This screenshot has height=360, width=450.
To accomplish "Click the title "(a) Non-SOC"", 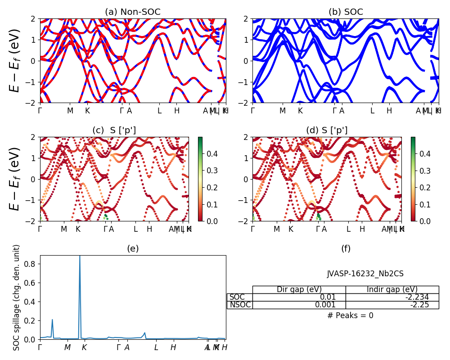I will tap(133, 12).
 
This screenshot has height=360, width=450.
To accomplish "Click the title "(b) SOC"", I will tap(346, 12).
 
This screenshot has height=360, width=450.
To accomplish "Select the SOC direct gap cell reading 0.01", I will tap(299, 297).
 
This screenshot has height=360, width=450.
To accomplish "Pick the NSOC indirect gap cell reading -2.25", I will tap(392, 305).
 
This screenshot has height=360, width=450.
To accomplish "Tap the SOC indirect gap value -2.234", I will tap(392, 297).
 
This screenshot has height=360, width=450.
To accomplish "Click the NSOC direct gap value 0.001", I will tap(299, 305).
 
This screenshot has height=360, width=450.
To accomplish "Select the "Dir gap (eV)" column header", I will tap(299, 289).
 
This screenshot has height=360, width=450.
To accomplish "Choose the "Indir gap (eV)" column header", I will tap(392, 289).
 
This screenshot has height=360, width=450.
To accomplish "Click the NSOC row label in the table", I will tap(239, 305).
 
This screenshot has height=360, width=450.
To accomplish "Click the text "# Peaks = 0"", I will tap(350, 315).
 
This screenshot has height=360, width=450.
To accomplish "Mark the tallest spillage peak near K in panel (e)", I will tap(80, 256).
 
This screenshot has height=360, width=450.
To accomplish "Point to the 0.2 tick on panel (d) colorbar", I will tap(425, 188).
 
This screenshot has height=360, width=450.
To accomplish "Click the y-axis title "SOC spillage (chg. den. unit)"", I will tap(17, 297).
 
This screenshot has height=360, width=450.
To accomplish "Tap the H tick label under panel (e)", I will tap(173, 347).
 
